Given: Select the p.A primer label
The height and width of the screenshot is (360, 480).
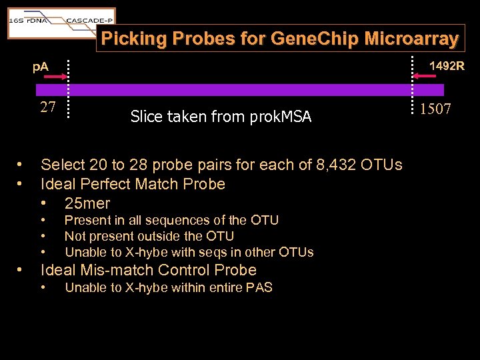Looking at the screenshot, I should tap(41, 67).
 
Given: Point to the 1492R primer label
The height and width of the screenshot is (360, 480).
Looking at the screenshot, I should tap(447, 66).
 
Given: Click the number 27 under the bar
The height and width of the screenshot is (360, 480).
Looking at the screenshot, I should tap(48, 107).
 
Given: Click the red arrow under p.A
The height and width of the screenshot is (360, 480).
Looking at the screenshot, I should tap(47, 77).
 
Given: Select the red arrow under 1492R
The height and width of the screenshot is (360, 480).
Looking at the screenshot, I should tap(424, 77).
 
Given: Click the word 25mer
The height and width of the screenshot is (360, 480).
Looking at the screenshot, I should tap(87, 203).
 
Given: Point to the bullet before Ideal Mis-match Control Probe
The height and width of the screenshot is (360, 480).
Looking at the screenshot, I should tap(21, 270).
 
